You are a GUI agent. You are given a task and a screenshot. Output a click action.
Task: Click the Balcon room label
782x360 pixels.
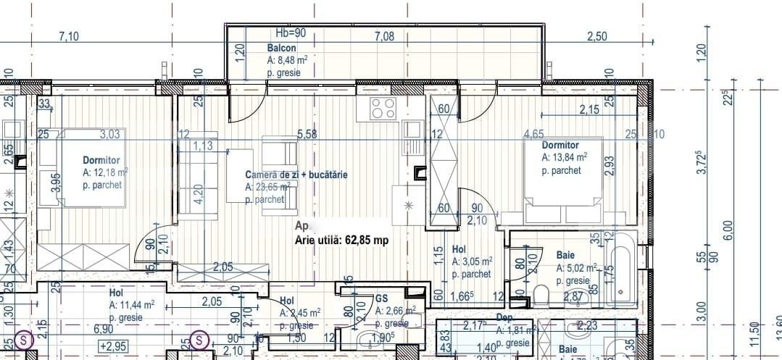point(282,48)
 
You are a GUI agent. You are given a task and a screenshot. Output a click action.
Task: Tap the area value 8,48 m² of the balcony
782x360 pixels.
point(288,60)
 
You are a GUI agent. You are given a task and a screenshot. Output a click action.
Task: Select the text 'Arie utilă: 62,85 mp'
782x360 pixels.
point(340,240)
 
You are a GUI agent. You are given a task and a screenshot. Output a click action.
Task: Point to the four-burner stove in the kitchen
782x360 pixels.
point(383,108)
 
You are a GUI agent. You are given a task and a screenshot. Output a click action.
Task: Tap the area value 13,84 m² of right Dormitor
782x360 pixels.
point(565,156)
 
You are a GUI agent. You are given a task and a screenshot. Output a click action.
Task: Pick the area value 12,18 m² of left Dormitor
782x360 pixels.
point(106,172)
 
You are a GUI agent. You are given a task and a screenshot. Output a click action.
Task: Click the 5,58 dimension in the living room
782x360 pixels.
point(307,133)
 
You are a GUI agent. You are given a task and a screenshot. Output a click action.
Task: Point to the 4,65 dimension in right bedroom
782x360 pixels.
point(534,133)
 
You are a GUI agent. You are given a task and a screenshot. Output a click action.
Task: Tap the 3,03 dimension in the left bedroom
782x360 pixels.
point(110,133)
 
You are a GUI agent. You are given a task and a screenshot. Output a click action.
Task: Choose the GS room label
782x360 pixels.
point(382,298)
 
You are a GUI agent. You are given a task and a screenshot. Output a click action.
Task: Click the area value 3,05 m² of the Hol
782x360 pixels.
point(473,261)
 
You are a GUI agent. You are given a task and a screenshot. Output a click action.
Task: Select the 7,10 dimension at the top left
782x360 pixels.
point(69,36)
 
